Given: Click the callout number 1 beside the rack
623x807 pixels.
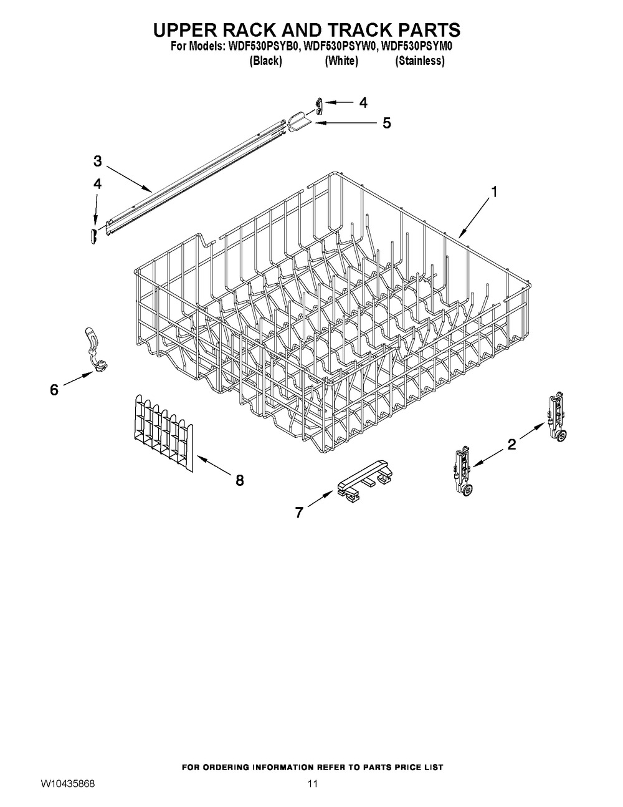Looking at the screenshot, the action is tap(494, 192).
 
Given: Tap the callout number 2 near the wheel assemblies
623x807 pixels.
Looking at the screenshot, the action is tap(511, 444).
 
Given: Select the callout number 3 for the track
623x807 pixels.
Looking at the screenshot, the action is tap(97, 161).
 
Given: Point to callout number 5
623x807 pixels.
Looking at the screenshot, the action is tap(387, 123).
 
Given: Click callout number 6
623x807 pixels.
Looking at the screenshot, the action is tap(54, 390).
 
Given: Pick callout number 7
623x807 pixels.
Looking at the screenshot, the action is tap(299, 513).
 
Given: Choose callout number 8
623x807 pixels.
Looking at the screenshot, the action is tap(240, 481).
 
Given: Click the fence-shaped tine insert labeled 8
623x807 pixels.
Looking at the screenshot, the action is tap(163, 433).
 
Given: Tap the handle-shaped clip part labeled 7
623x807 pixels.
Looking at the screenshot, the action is tap(365, 481).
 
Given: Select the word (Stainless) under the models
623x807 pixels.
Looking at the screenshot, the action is tap(419, 60).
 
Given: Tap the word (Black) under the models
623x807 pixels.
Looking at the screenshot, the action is tap(265, 60).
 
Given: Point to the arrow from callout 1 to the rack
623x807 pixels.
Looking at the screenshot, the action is tap(476, 218).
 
